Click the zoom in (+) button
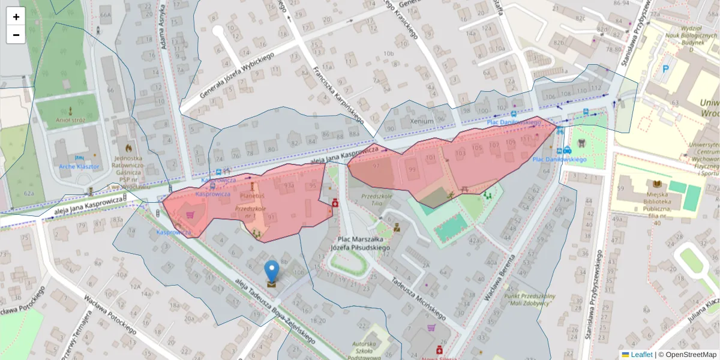click(x=16, y=17)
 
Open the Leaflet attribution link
click(x=641, y=355)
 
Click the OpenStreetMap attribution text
click(x=688, y=355)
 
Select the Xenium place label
click(x=421, y=121)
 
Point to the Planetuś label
click(x=252, y=196)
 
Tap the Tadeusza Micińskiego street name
click(x=418, y=298)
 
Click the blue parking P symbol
click(x=665, y=69)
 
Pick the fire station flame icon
click(x=128, y=147)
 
